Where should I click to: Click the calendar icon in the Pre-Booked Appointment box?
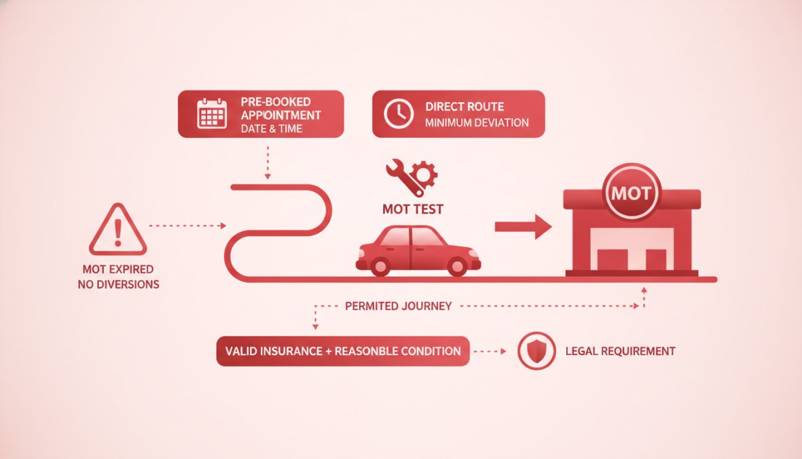point(212,114)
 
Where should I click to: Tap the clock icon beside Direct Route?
point(399,114)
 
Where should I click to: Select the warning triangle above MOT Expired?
point(118,230)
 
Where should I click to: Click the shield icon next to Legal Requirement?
point(536,351)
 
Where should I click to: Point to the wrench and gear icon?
point(412,177)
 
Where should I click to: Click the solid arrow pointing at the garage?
point(524,226)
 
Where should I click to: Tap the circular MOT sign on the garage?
point(632,192)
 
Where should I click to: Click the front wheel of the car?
point(457,266)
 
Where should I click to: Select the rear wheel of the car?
point(380,266)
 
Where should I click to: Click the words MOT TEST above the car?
point(413,209)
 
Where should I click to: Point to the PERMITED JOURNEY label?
point(399,307)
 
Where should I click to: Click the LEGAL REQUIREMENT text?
point(621,351)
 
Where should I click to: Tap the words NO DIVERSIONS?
point(119,284)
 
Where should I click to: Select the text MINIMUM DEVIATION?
point(477,123)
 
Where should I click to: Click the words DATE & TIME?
point(272,129)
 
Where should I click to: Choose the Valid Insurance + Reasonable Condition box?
point(343,351)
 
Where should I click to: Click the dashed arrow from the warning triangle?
point(187,225)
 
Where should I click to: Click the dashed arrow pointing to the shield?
point(490,352)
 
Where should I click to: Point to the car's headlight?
point(473,253)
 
